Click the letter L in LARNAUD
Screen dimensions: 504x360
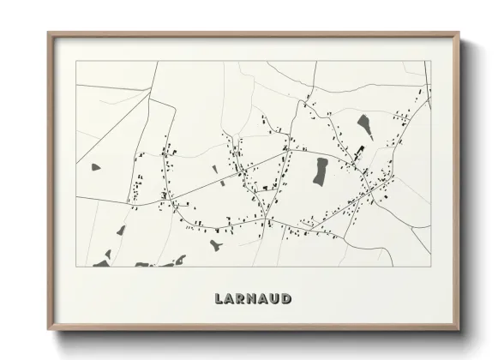pyautogui.click(x=219, y=299)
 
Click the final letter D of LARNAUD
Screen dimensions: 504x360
pyautogui.click(x=287, y=299)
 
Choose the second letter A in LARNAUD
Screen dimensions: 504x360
pyautogui.click(x=265, y=299)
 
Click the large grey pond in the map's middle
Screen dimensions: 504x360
pyautogui.click(x=321, y=171)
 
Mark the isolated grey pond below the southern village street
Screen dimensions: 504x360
pyautogui.click(x=214, y=246)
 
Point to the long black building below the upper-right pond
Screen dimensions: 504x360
pyautogui.click(x=359, y=153)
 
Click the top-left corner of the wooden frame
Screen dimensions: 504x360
pyautogui.click(x=48, y=33)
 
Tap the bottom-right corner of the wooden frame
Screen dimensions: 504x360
pyautogui.click(x=458, y=329)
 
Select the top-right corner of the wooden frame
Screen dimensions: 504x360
pyautogui.click(x=459, y=33)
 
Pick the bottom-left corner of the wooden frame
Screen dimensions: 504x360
pyautogui.click(x=48, y=329)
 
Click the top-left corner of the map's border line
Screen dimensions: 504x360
pyautogui.click(x=76, y=61)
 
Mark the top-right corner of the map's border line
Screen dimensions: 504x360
pyautogui.click(x=430, y=61)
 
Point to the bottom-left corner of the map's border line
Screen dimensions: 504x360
pyautogui.click(x=76, y=267)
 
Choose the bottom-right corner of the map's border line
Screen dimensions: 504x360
pyautogui.click(x=430, y=267)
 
